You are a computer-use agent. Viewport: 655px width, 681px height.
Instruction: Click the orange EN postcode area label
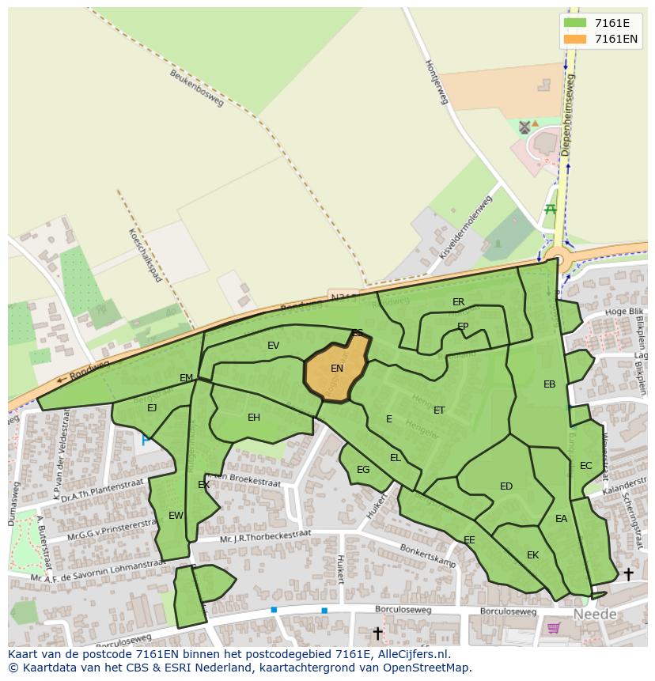click(x=337, y=369)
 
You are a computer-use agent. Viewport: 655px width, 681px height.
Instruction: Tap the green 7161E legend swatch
click(x=575, y=23)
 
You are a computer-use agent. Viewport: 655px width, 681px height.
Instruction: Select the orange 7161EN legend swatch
click(x=575, y=39)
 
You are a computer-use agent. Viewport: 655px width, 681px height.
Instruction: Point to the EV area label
click(x=273, y=346)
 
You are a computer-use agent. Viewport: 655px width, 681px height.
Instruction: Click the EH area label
click(x=253, y=418)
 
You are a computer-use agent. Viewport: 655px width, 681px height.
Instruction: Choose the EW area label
click(x=176, y=516)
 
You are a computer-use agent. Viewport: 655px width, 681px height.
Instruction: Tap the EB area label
click(x=549, y=384)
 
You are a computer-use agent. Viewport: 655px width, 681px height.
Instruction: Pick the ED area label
click(x=506, y=486)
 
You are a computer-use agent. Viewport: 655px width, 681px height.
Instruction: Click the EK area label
click(x=532, y=555)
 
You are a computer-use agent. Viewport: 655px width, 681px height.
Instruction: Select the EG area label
click(x=363, y=470)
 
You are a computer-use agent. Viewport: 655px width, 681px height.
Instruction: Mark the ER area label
click(x=458, y=302)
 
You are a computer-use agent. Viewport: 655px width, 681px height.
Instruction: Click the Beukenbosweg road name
click(x=197, y=88)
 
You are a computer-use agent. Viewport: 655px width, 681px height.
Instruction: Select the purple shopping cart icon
click(x=554, y=628)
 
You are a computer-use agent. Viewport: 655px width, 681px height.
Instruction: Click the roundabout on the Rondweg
click(x=559, y=258)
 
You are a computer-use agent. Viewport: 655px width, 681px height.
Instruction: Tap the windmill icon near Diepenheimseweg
click(x=524, y=127)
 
